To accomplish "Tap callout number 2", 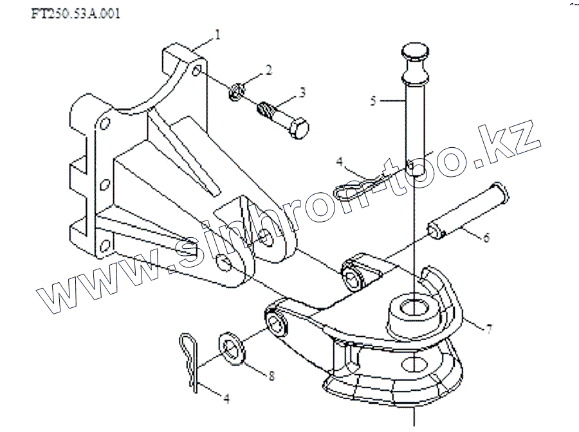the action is click(x=269, y=69).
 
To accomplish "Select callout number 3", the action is click(x=302, y=93).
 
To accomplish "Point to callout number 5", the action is click(x=372, y=100).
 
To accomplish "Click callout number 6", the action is click(x=486, y=238).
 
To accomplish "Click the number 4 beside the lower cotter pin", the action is click(x=226, y=399).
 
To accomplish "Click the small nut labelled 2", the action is click(x=235, y=92).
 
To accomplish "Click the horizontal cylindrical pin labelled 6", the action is click(x=468, y=210).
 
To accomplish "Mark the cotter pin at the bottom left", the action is click(x=191, y=363).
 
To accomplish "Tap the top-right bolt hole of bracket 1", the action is click(x=196, y=69).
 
